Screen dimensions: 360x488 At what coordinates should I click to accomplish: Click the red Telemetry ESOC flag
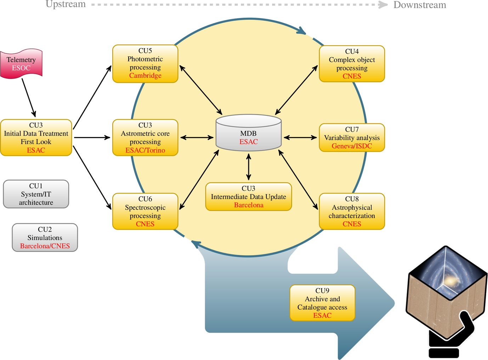(x=21, y=64)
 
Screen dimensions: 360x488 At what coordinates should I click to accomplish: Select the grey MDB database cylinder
(x=249, y=133)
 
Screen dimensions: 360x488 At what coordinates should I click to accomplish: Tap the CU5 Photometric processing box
(x=145, y=64)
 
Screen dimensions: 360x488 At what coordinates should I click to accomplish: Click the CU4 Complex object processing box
(x=352, y=64)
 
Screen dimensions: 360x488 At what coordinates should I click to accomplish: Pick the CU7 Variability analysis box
(x=352, y=138)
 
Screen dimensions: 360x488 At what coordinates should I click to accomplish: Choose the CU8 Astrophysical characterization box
(x=352, y=211)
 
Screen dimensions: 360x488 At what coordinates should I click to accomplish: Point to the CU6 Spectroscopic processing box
(x=145, y=211)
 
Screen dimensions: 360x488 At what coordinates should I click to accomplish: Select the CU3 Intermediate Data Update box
(x=249, y=197)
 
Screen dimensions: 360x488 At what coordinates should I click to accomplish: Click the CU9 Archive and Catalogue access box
(x=322, y=303)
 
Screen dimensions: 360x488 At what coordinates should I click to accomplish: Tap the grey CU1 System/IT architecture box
(x=36, y=194)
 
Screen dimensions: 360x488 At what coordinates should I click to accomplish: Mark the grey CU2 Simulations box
(x=45, y=238)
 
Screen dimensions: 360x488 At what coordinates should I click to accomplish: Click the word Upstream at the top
(x=66, y=5)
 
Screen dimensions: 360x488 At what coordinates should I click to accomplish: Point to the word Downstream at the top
(x=420, y=5)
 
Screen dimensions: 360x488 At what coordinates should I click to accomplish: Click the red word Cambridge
(x=145, y=75)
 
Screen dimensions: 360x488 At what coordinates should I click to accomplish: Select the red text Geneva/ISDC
(x=352, y=146)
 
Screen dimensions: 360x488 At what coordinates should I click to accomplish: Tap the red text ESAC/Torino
(x=145, y=150)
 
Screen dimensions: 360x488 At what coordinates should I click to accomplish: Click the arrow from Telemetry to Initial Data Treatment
(x=29, y=97)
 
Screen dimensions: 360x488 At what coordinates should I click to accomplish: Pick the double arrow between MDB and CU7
(x=300, y=137)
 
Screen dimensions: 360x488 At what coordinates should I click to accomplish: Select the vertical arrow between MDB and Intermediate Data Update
(x=249, y=167)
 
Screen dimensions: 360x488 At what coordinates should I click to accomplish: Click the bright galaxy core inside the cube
(x=450, y=281)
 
